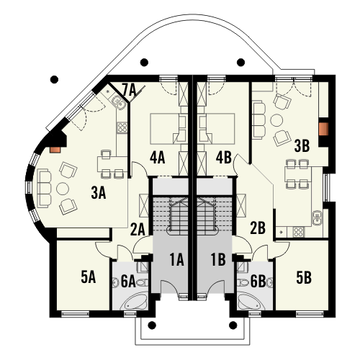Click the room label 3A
[x=99, y=193]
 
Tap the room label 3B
[x=302, y=146]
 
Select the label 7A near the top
[x=129, y=90]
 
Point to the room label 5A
[x=89, y=278]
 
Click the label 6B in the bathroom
[x=258, y=282]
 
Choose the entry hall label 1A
[x=177, y=260]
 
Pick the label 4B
[x=224, y=158]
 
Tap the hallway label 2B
[x=258, y=228]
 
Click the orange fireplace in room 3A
[x=55, y=150]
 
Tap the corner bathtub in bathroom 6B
[x=249, y=301]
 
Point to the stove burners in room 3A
[x=122, y=127]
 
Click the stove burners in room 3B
[x=298, y=232]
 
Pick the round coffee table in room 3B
[x=276, y=121]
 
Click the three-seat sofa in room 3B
[x=258, y=120]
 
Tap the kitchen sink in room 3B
[x=318, y=217]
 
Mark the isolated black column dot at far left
[x=55, y=79]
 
